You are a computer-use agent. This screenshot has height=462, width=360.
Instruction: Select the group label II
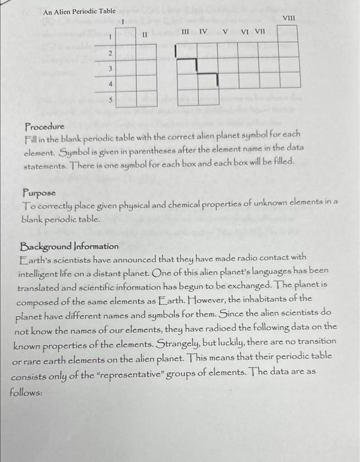144,34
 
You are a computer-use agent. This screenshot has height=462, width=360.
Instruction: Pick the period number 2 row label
110,53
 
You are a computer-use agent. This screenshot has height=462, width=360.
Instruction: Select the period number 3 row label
110,69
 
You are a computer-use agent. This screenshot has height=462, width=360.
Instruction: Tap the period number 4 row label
110,84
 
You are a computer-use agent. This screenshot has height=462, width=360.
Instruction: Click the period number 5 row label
110,100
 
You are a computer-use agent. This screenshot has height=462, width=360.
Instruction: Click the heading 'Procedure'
44,126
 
